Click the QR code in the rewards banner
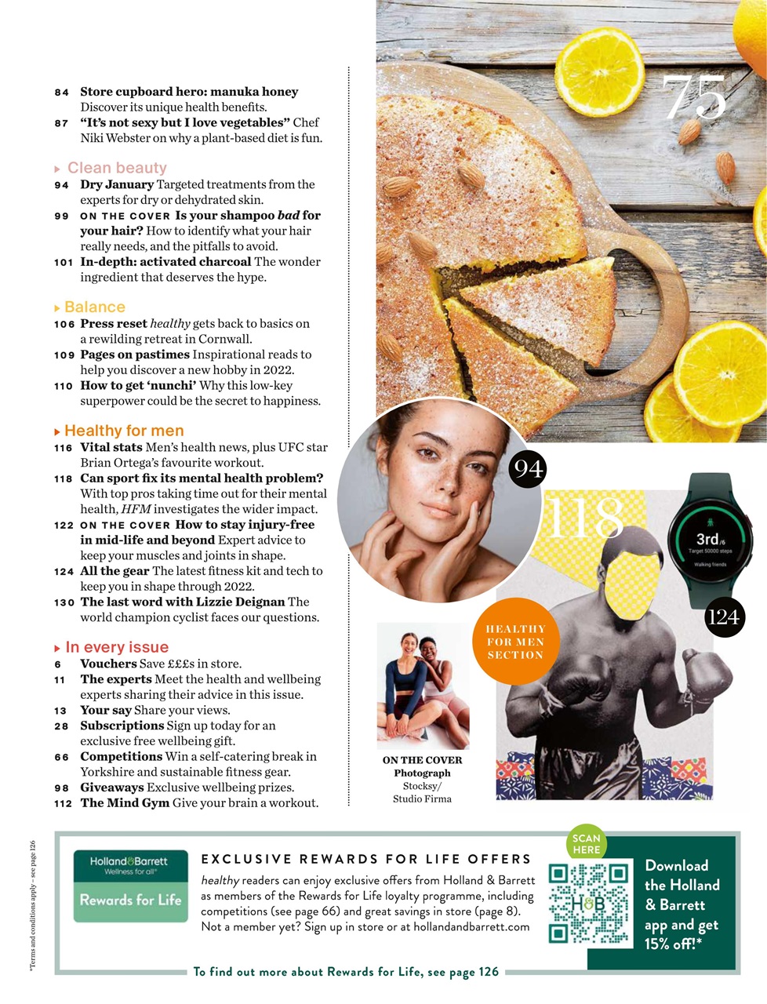(589, 903)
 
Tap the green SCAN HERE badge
(586, 844)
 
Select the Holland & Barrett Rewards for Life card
(131, 886)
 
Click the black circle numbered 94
(527, 469)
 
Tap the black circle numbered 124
(723, 617)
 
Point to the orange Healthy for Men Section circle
(514, 642)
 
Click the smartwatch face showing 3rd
(710, 540)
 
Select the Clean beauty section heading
(117, 168)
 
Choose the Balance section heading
(94, 307)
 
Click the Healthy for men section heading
(124, 431)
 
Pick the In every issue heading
(117, 647)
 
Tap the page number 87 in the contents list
(61, 123)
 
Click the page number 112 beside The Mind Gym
(63, 803)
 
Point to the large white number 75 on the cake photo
(695, 98)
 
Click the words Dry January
(117, 184)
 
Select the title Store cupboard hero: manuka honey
(189, 92)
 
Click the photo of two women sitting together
(423, 686)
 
